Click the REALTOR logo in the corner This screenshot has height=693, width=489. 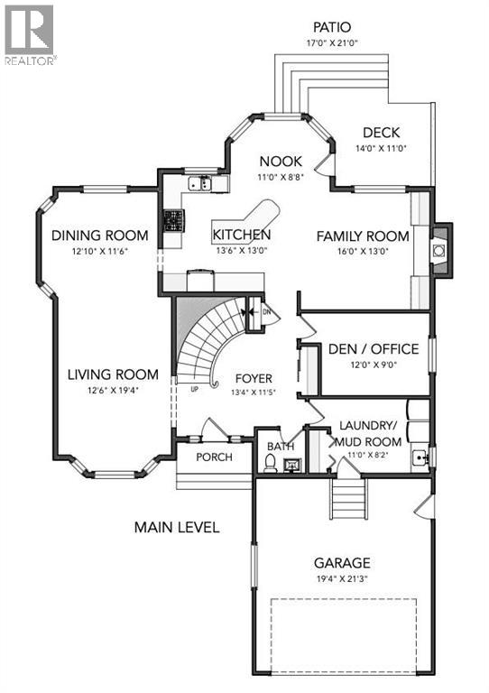pos(30,33)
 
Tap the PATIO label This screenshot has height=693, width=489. pos(331,28)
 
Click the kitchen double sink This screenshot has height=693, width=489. pos(199,184)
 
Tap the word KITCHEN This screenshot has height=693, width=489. pos(241,236)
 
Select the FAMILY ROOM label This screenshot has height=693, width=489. pos(362,236)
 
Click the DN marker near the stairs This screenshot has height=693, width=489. pos(266,312)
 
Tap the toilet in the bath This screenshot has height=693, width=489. pos(271,462)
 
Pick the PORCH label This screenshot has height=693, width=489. pos(212,457)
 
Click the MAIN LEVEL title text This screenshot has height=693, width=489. pos(177,527)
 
